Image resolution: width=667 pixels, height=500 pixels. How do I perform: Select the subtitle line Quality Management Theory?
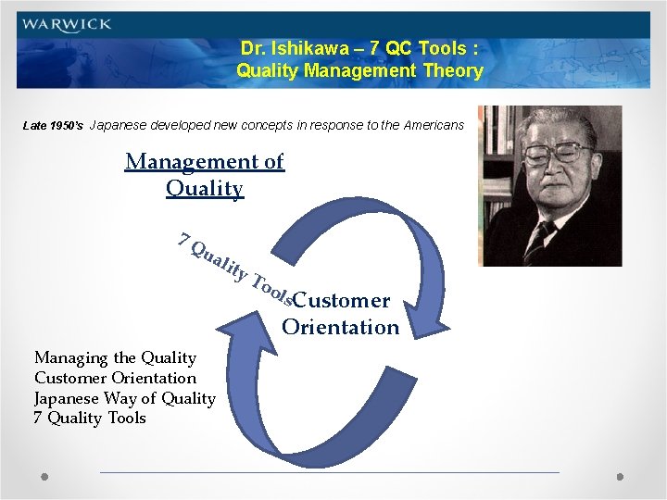pyautogui.click(x=359, y=70)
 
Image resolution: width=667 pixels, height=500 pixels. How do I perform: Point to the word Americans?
pyautogui.click(x=434, y=125)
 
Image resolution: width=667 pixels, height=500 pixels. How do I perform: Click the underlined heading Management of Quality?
pyautogui.click(x=205, y=175)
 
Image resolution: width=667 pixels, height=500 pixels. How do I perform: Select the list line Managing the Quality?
pyautogui.click(x=115, y=357)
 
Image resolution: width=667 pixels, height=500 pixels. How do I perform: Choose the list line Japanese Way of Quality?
pyautogui.click(x=124, y=398)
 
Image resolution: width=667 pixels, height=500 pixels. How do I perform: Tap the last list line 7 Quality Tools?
pyautogui.click(x=90, y=419)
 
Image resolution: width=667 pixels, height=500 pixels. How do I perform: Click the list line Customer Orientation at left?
pyautogui.click(x=115, y=378)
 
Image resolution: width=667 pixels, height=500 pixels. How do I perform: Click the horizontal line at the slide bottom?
pyautogui.click(x=329, y=472)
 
